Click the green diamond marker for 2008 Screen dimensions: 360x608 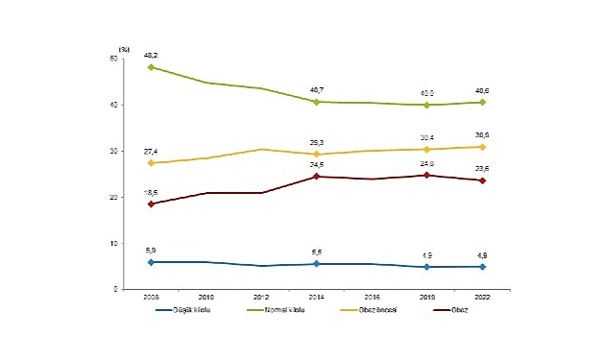(151, 67)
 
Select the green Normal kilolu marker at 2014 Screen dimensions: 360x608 (316, 102)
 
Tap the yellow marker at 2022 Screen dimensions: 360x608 (481, 147)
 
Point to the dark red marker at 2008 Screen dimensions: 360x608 (151, 204)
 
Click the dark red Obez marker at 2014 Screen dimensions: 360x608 (316, 177)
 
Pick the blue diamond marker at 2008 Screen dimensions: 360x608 (151, 262)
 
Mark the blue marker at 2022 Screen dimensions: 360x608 (481, 267)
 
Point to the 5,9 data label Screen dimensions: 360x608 (150, 251)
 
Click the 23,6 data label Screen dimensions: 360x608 (482, 168)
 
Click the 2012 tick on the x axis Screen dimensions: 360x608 (261, 297)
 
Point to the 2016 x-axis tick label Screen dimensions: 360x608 (372, 297)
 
